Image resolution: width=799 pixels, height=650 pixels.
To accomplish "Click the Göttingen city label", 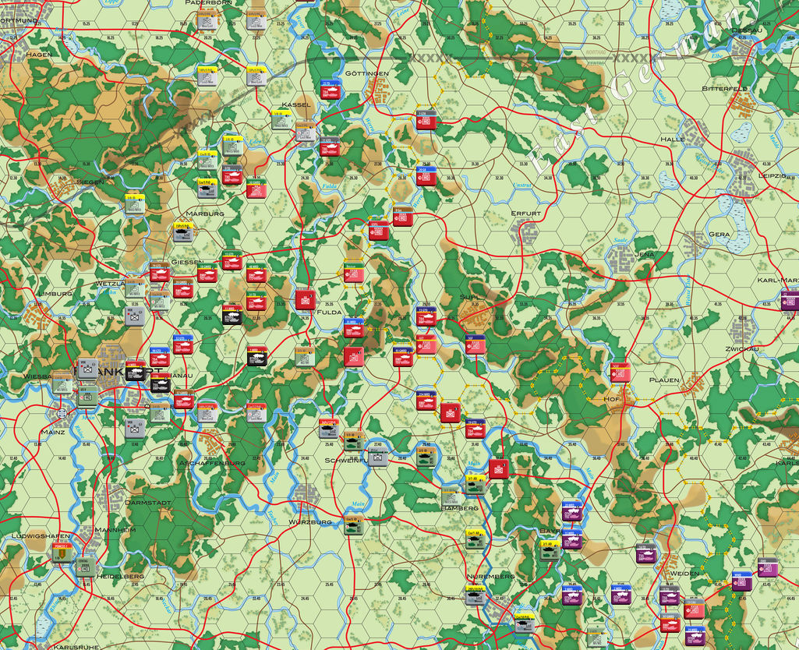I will [x=367, y=74].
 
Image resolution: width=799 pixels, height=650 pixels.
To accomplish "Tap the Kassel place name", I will [x=296, y=104].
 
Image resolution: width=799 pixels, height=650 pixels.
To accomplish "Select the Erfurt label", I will [x=525, y=213].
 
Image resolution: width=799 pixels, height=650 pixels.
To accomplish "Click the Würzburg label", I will [x=311, y=521].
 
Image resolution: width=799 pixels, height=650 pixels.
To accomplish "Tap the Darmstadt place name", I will [x=148, y=503].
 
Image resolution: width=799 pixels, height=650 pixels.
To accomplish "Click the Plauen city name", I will [x=665, y=380].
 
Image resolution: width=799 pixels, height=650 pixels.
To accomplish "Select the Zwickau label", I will [x=742, y=348].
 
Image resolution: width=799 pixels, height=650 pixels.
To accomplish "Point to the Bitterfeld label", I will [x=724, y=89].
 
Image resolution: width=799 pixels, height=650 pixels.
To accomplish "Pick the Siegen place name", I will [x=90, y=182].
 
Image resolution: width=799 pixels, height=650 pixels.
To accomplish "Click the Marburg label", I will [x=205, y=214].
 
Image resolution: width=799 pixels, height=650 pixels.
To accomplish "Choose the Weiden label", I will [x=684, y=573].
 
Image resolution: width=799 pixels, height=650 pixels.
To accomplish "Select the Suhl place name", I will [x=471, y=297].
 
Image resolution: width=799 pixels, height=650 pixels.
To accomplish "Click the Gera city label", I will [x=719, y=234].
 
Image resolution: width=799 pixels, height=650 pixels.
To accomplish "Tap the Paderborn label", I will [x=207, y=3].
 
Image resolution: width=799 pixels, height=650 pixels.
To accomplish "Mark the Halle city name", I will [x=673, y=139].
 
